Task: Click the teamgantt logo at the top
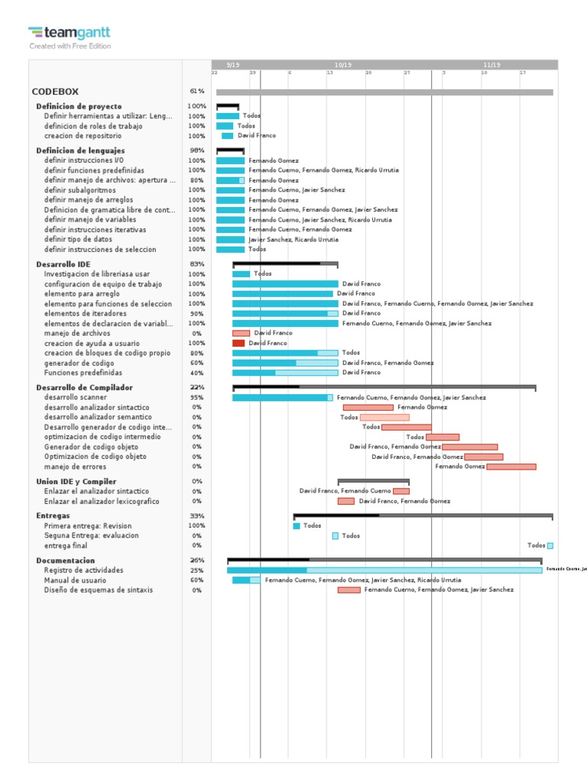70,32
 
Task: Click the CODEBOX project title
55,92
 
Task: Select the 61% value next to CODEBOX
196,92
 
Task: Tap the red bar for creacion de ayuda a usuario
238,344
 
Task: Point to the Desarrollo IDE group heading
63,264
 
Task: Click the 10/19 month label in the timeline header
343,65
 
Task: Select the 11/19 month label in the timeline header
492,65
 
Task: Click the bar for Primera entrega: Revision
297,526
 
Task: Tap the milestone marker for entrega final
550,545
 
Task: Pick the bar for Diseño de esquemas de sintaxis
349,590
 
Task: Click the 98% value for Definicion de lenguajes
196,150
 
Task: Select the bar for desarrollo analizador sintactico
368,408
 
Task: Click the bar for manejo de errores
511,467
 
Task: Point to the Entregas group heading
53,516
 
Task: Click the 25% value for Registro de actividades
196,570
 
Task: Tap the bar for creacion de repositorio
227,136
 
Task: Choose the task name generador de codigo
79,364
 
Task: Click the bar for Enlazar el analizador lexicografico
345,502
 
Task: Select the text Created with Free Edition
70,46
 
